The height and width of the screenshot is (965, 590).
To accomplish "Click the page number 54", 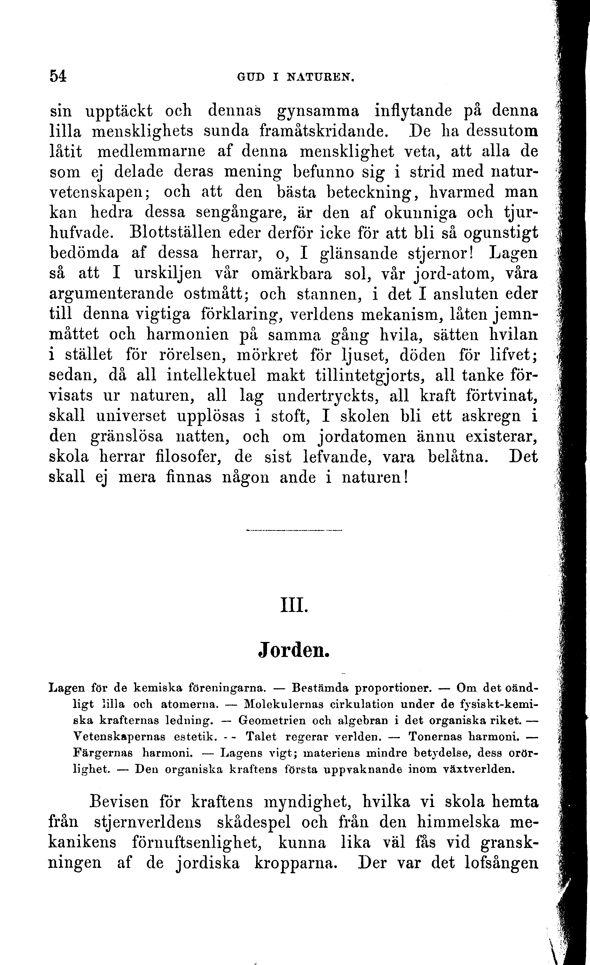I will click(x=58, y=76).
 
